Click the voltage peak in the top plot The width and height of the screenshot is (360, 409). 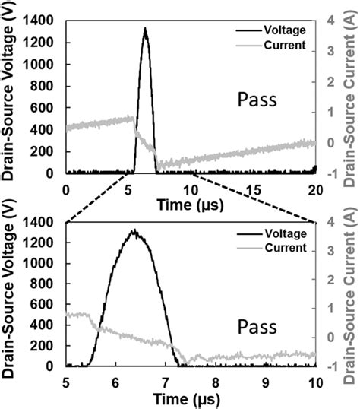click(x=145, y=30)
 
